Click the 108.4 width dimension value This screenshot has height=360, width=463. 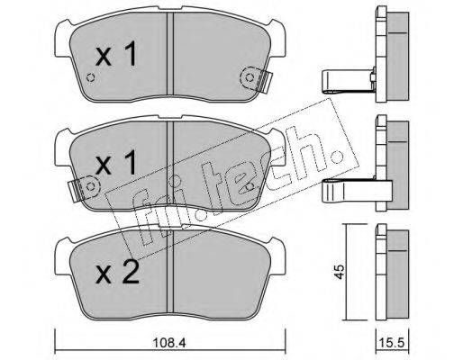169,342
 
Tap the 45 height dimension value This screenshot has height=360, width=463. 339,272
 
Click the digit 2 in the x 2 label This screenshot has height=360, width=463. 130,272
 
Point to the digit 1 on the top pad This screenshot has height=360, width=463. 130,54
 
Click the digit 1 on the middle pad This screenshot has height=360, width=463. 130,162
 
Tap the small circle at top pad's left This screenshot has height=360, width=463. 90,77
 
